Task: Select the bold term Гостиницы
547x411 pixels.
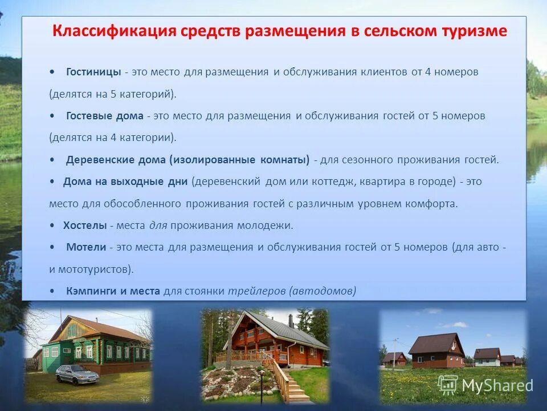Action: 93,72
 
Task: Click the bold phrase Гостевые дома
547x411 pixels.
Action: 104,116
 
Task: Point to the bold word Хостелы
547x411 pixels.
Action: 85,225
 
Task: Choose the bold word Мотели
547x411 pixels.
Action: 86,247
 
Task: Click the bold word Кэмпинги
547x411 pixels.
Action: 91,291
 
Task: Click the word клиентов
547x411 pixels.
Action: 383,72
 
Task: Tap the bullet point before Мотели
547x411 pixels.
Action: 52,247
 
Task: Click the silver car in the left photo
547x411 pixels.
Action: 77,374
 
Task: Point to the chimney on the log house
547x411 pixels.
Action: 290,320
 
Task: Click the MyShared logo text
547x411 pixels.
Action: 496,385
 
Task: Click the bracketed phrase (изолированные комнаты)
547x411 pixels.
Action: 239,160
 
